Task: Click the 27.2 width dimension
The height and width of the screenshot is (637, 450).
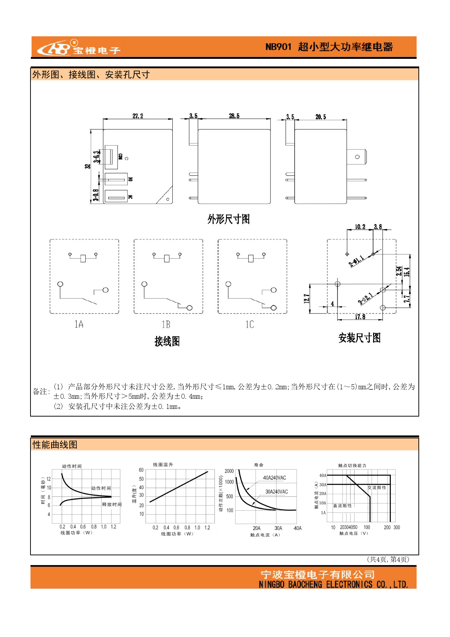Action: click(x=138, y=116)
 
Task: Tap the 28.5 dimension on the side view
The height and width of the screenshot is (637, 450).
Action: click(x=234, y=116)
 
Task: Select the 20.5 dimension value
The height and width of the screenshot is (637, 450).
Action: click(x=320, y=117)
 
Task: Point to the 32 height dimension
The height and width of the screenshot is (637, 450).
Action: click(x=87, y=166)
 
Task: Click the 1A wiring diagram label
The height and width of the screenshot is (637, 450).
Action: click(x=79, y=324)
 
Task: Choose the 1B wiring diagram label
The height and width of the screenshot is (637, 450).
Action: click(x=166, y=324)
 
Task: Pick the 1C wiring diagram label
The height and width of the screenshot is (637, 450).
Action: click(x=250, y=324)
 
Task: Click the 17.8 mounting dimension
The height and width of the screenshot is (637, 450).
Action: click(x=360, y=317)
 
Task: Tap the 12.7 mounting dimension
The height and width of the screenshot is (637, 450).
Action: click(x=307, y=298)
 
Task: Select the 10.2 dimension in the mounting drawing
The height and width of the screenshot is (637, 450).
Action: click(x=360, y=227)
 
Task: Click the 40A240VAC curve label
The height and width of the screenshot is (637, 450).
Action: click(x=274, y=478)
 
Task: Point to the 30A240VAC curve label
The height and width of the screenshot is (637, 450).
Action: click(x=277, y=492)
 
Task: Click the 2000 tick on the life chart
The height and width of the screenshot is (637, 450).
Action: click(x=229, y=471)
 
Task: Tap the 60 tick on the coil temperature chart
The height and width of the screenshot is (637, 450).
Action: click(x=141, y=470)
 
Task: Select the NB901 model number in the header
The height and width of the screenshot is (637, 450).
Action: click(x=278, y=47)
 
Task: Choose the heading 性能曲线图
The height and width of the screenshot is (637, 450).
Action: click(x=55, y=445)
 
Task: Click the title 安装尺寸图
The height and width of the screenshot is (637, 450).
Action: click(x=359, y=338)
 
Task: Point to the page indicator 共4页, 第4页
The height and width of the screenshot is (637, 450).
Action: click(x=388, y=559)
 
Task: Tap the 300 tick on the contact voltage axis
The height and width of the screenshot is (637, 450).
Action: click(x=397, y=527)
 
